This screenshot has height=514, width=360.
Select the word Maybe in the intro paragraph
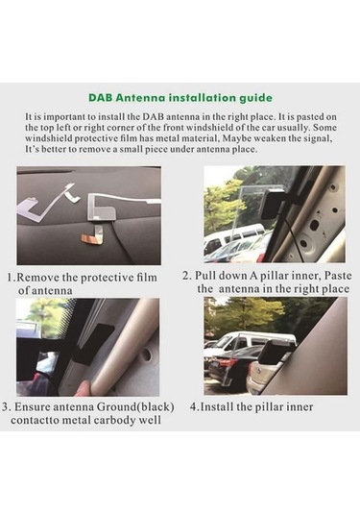(236, 138)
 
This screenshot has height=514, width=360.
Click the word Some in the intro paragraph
(324, 127)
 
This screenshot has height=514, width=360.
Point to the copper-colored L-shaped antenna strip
(93, 236)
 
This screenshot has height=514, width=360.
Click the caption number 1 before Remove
(11, 278)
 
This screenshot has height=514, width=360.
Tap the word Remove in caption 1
(37, 278)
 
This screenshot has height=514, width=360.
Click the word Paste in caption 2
(338, 276)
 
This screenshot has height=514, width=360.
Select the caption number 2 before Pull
(186, 276)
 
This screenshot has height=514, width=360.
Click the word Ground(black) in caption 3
(135, 407)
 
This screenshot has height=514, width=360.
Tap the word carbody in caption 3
(114, 420)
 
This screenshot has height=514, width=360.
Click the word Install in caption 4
(217, 407)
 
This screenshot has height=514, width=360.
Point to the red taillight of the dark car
(225, 363)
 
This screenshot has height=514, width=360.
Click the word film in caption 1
(147, 278)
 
